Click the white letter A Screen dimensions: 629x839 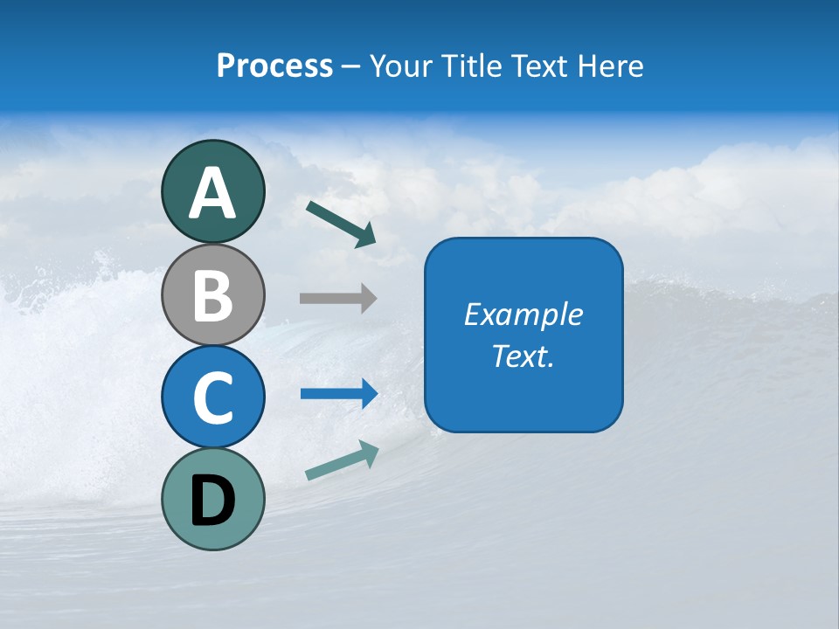212,194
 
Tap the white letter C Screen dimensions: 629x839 212,397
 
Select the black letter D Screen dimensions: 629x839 212,501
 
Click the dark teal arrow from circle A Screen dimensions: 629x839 341,224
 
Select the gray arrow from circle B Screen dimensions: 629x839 337,298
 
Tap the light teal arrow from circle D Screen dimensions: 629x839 342,460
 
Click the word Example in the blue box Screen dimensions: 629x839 524,314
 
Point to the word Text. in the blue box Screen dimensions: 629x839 524,356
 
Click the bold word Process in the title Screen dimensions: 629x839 274,66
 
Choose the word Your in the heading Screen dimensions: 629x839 400,66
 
